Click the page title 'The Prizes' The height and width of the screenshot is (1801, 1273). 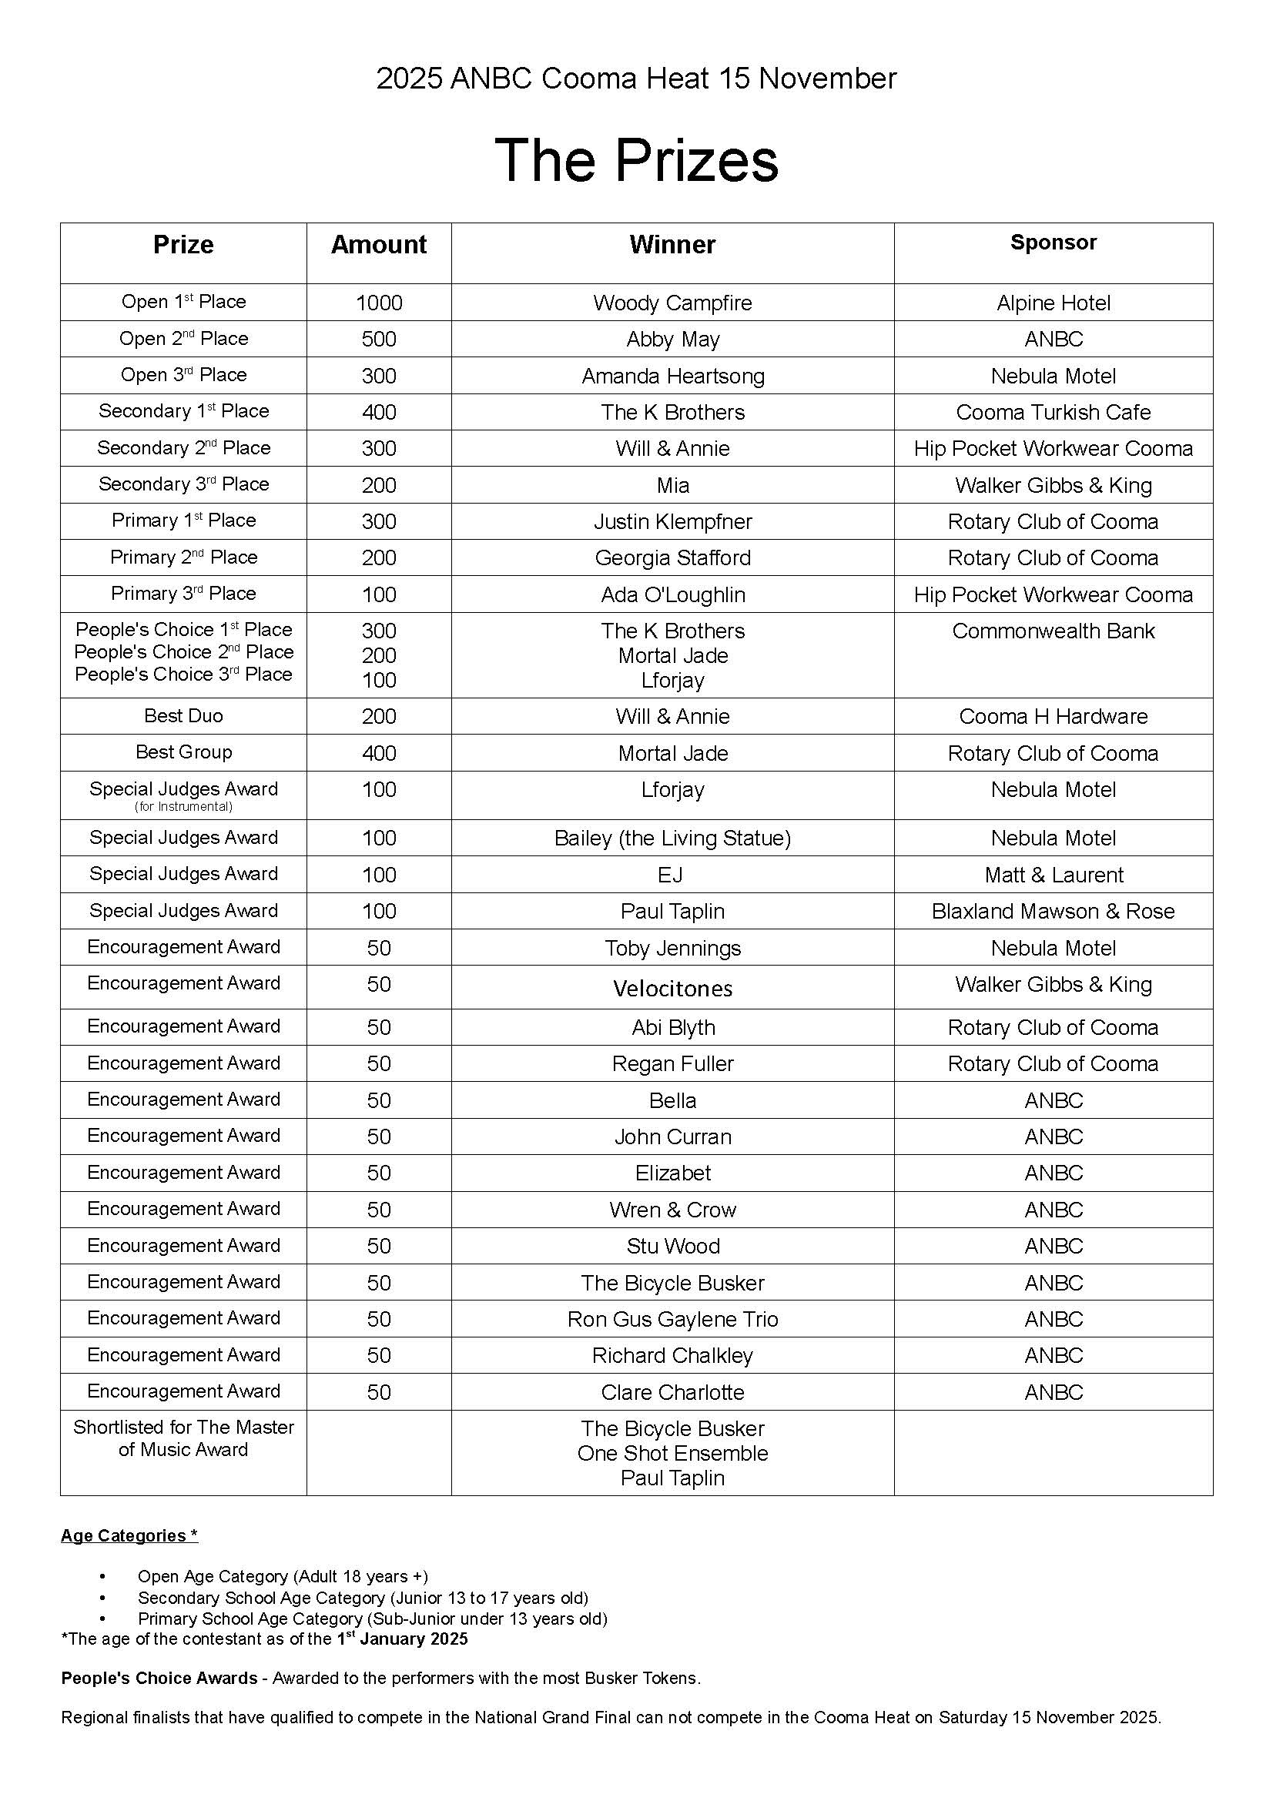[636, 160]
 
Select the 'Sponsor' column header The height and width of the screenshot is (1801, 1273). [1053, 243]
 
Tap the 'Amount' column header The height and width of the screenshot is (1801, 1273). [378, 245]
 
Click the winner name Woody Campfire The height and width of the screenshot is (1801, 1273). [672, 303]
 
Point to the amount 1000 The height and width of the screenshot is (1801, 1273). [378, 303]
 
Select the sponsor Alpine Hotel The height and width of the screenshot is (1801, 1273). [1053, 303]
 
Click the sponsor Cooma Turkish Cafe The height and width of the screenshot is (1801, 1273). [1053, 412]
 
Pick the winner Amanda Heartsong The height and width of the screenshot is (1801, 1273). [672, 376]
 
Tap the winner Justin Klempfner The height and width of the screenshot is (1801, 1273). [672, 521]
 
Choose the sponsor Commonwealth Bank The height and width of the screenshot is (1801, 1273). [1053, 631]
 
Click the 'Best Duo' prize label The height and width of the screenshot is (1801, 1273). [183, 715]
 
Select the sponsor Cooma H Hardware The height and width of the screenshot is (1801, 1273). [1053, 716]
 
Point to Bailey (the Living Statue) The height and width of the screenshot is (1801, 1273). [672, 838]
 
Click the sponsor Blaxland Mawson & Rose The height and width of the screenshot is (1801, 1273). [1053, 911]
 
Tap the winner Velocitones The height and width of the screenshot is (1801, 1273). [672, 989]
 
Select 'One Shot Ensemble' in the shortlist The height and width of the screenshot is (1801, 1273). [672, 1453]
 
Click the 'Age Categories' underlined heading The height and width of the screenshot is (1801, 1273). [129, 1535]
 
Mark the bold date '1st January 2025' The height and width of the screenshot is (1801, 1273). [401, 1639]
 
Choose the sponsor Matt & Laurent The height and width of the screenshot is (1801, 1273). [1053, 875]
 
